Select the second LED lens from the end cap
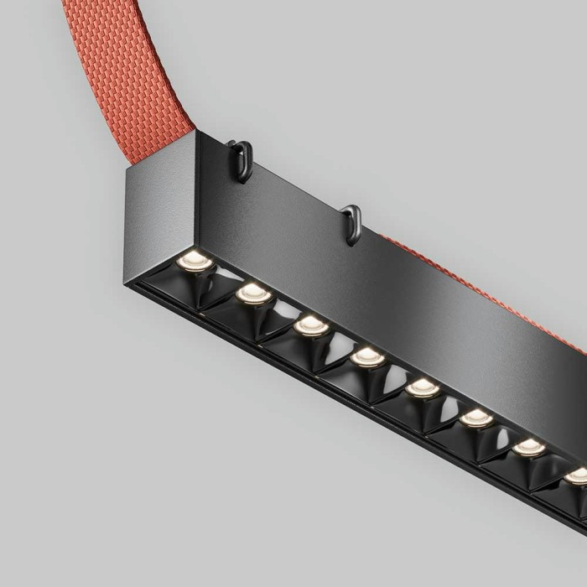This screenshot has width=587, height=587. [x=253, y=293]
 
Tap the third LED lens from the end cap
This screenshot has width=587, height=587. [x=311, y=325]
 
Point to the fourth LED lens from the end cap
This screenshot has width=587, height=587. [x=367, y=356]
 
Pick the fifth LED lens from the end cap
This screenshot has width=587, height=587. [x=423, y=387]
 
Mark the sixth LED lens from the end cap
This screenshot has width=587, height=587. [x=476, y=417]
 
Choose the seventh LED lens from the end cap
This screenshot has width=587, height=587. [x=529, y=446]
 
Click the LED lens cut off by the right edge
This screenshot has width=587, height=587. [x=578, y=475]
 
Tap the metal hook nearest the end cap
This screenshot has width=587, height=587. [x=242, y=159]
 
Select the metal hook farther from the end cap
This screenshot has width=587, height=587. [x=353, y=223]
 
